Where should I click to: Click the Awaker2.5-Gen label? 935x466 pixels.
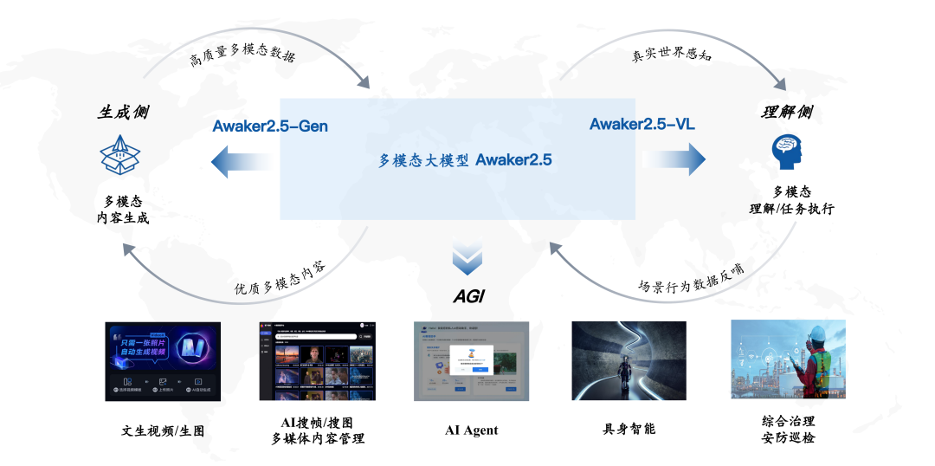click(x=270, y=126)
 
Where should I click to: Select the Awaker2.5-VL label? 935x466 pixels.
click(x=642, y=124)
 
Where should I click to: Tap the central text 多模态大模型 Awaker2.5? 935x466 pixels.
click(x=465, y=160)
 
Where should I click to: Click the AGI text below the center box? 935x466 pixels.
click(x=468, y=296)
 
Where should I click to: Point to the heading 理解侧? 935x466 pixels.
click(x=787, y=113)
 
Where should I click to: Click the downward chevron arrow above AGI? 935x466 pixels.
click(x=467, y=259)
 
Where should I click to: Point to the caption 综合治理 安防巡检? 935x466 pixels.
click(x=788, y=429)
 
